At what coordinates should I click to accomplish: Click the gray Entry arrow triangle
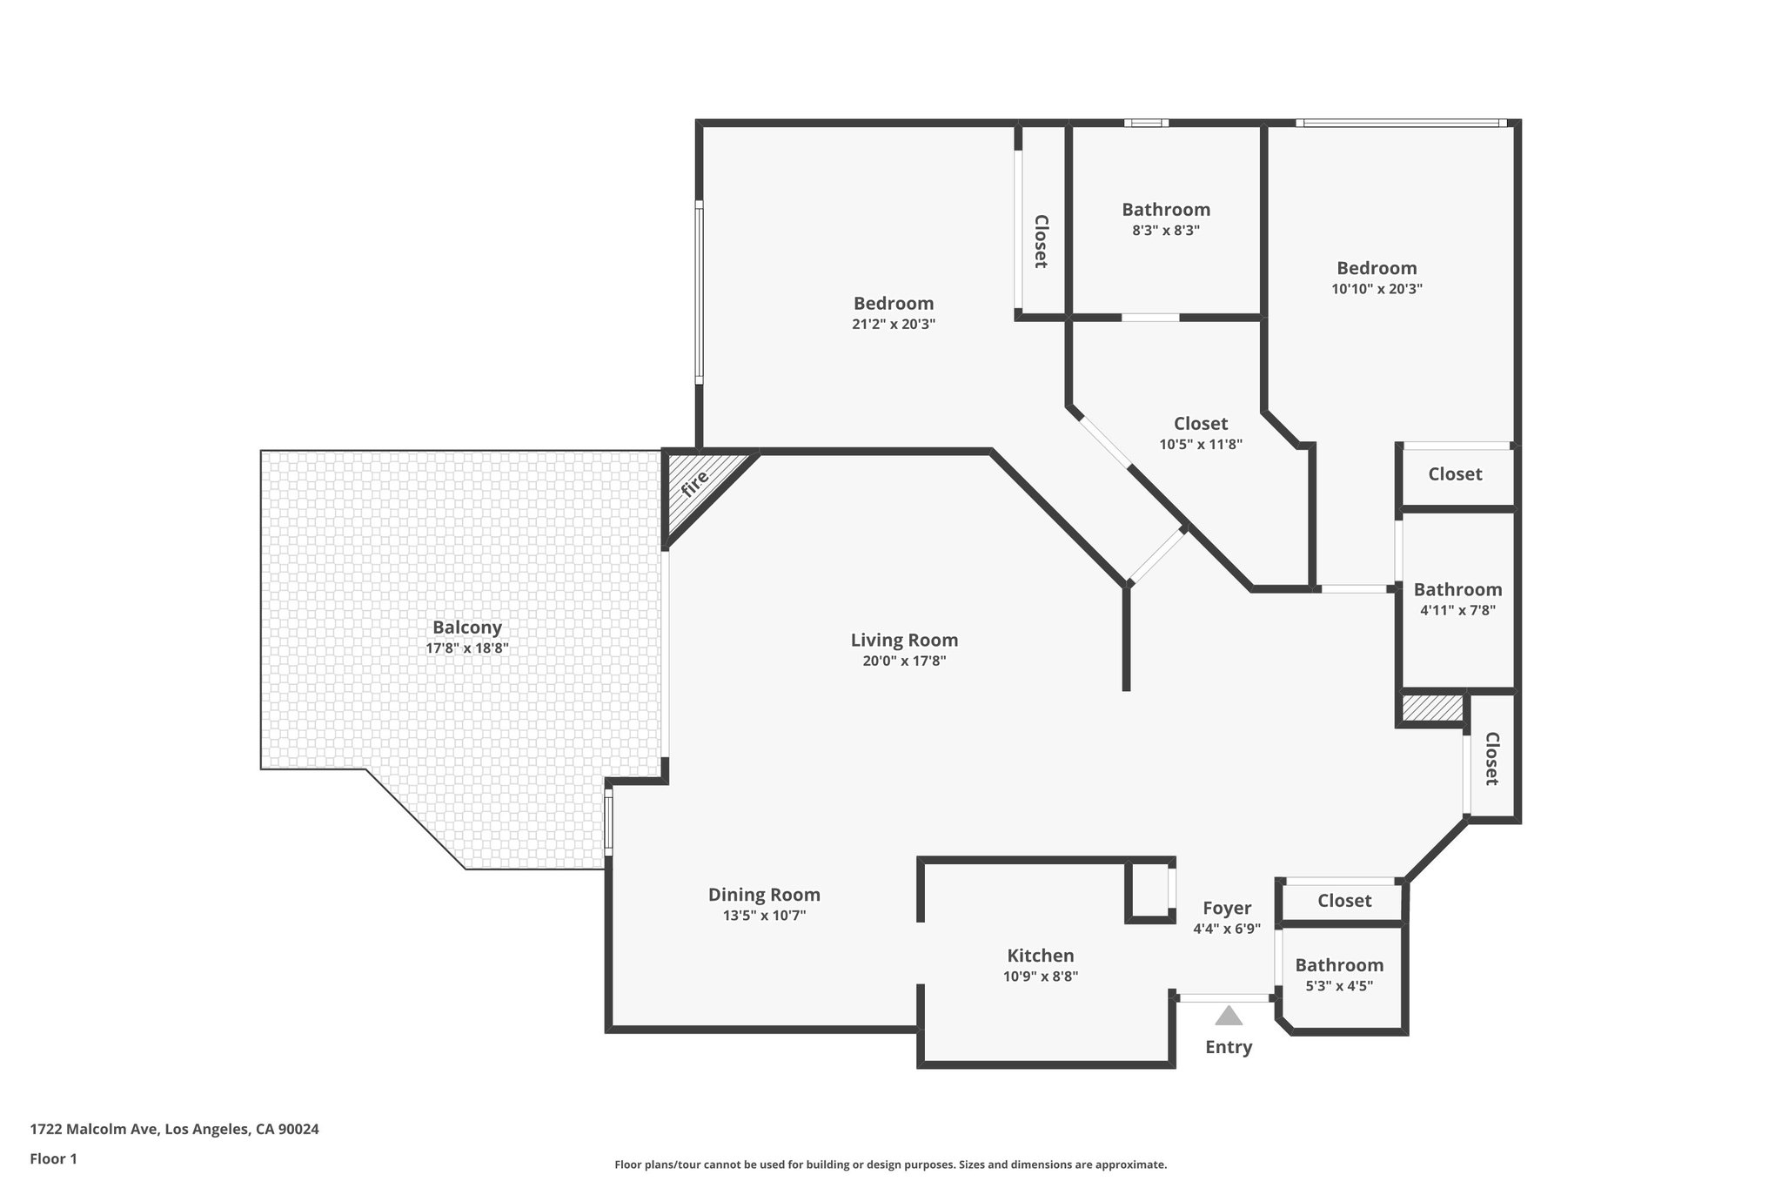tap(1228, 1017)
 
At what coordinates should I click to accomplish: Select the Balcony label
tap(467, 628)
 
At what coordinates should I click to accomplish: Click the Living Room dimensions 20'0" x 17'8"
tap(904, 661)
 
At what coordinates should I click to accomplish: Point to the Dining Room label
tap(764, 895)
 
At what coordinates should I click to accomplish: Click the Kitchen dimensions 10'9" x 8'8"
tap(1040, 977)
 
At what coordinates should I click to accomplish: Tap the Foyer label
tap(1227, 909)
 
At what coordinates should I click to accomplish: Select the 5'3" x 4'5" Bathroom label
tap(1339, 965)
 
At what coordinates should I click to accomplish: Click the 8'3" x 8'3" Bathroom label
tap(1165, 210)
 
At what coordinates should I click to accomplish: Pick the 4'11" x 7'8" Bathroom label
tap(1457, 590)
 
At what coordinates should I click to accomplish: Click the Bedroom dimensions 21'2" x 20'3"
tap(894, 324)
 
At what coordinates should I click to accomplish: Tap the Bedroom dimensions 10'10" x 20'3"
tap(1377, 289)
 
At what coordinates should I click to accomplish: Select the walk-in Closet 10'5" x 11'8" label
tap(1201, 424)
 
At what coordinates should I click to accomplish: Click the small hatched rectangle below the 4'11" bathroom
tap(1432, 708)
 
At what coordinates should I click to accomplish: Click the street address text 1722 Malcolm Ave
tap(174, 1129)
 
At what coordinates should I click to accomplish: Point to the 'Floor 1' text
tap(53, 1158)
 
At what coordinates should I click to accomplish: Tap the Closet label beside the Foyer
tap(1343, 901)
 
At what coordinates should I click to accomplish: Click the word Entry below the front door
tap(1228, 1047)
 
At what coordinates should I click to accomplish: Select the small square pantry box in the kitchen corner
tap(1148, 889)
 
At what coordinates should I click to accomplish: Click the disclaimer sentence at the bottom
tap(890, 1165)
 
